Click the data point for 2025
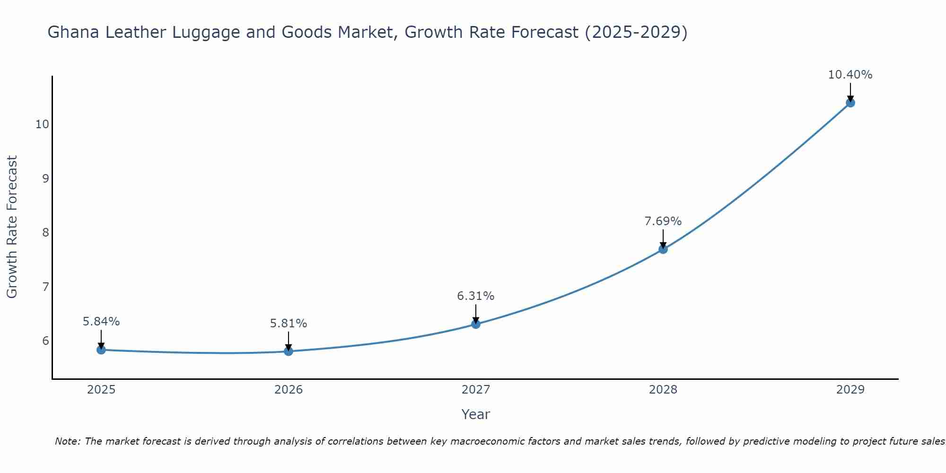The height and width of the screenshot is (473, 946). click(101, 350)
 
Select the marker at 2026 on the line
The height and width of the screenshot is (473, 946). click(289, 351)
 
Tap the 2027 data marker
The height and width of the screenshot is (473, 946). click(476, 324)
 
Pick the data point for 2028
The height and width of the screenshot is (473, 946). click(663, 249)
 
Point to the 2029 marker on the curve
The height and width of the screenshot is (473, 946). click(850, 103)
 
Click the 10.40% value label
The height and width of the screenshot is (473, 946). click(850, 75)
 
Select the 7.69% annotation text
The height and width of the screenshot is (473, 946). click(663, 221)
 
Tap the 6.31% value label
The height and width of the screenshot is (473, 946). click(476, 296)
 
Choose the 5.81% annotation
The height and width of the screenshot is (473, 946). click(289, 324)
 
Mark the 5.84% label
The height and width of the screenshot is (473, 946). click(101, 322)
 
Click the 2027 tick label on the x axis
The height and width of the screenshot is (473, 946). click(476, 390)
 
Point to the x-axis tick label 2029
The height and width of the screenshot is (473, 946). click(850, 390)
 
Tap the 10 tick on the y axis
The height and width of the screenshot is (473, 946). click(42, 124)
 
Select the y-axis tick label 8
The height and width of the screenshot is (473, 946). click(45, 233)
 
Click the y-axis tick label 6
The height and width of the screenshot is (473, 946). click(45, 341)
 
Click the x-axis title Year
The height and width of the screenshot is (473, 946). click(476, 414)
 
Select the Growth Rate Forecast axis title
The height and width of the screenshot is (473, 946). click(12, 227)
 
